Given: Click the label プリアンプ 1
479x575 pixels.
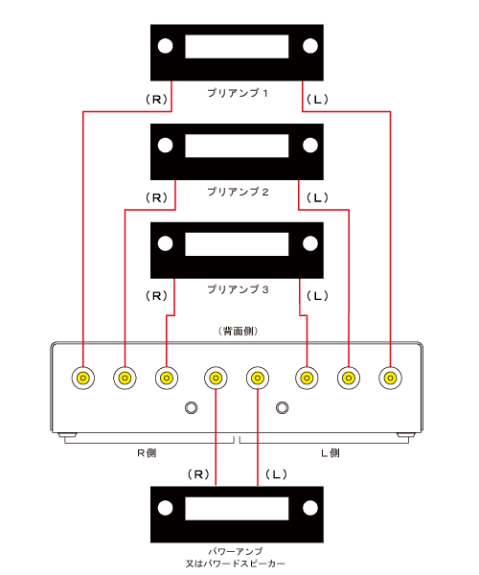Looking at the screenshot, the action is [x=238, y=93].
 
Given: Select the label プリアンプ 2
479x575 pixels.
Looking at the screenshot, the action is [x=238, y=192].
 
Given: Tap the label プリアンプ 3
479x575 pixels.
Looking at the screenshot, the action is [x=238, y=289].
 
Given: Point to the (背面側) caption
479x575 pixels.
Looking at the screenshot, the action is [x=239, y=332].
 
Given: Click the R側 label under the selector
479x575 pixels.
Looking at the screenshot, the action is [x=147, y=453].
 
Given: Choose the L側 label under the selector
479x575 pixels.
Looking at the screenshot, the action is [x=331, y=453].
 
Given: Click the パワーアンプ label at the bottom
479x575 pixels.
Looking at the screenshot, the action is [x=236, y=551].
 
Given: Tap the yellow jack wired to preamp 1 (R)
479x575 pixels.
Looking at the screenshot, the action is [x=83, y=378].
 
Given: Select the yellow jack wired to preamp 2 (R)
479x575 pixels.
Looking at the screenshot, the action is [x=125, y=378].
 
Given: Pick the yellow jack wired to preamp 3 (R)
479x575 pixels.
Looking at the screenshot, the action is [x=167, y=378].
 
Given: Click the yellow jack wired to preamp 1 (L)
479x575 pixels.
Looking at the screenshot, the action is [x=390, y=378].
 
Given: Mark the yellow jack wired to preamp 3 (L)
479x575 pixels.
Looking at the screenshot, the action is [x=307, y=378].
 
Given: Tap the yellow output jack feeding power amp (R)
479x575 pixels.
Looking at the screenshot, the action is [x=216, y=378].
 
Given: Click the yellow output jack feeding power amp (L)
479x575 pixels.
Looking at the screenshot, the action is [x=258, y=378].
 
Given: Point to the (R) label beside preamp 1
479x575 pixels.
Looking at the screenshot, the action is [x=157, y=99].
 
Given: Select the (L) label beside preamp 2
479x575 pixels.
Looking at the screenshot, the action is [x=317, y=197].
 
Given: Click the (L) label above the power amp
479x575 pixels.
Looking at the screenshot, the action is [x=276, y=474].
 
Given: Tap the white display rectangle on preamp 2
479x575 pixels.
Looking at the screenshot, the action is [x=237, y=146].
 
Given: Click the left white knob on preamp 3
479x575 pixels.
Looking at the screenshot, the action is [x=166, y=243].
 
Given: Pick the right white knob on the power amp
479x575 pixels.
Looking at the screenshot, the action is [x=310, y=508].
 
